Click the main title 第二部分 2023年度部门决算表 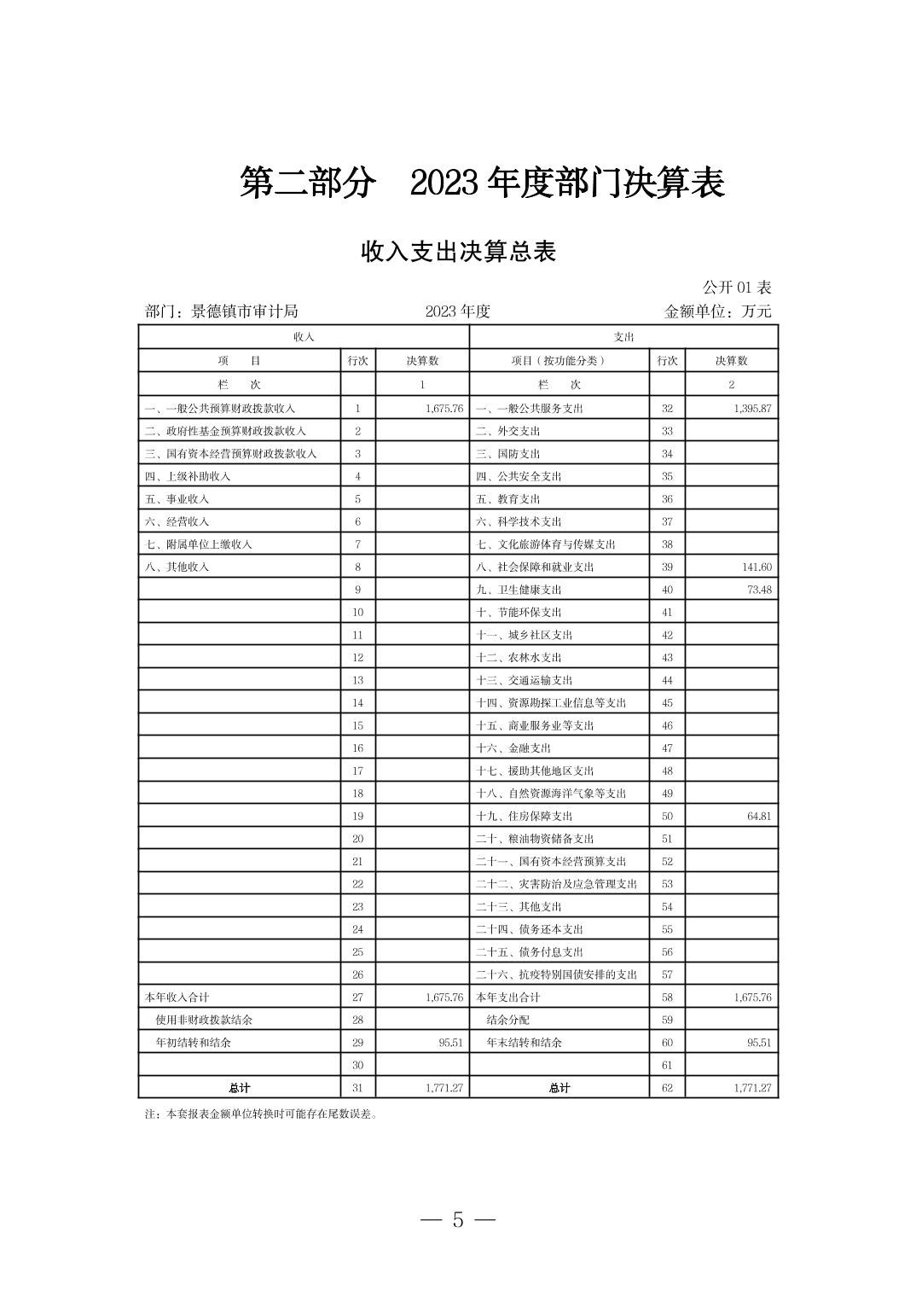click(482, 183)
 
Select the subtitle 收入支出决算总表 click(458, 252)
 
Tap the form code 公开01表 click(737, 288)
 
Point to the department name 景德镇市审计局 click(244, 311)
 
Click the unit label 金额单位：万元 click(717, 311)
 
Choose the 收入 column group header click(304, 337)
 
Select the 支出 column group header click(623, 337)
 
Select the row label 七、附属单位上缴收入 click(199, 544)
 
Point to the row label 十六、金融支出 click(513, 748)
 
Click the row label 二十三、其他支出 click(519, 907)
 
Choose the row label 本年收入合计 click(177, 997)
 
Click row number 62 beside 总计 click(667, 1088)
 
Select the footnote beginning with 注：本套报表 click(261, 1114)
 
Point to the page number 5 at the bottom click(458, 1220)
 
